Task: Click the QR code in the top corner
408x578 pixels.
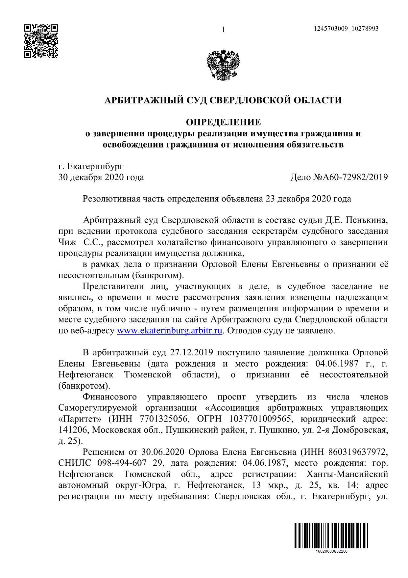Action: (x=41, y=41)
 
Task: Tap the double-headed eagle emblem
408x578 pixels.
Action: (x=223, y=65)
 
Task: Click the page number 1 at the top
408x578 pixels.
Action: (x=223, y=30)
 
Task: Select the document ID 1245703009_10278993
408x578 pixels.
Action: (x=346, y=29)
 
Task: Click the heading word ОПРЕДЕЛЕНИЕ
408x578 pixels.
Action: (x=223, y=123)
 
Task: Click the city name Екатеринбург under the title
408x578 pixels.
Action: (x=95, y=166)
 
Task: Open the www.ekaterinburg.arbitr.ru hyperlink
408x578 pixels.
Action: (x=170, y=331)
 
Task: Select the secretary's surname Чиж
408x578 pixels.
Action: (x=67, y=243)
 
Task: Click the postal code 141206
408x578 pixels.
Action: (x=73, y=430)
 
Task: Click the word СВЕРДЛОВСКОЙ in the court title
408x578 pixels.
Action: (x=249, y=100)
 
